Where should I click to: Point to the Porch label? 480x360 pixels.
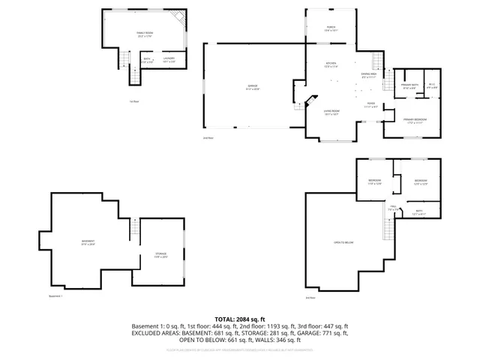(x=331, y=29)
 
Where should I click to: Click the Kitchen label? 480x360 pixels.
(x=331, y=64)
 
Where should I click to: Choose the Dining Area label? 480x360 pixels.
(x=368, y=75)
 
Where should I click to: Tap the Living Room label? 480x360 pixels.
(x=331, y=113)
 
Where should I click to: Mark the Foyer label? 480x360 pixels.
(x=370, y=105)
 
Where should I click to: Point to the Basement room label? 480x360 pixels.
(x=88, y=242)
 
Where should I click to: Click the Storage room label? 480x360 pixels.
(x=161, y=256)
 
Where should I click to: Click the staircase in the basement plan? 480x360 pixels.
(x=136, y=229)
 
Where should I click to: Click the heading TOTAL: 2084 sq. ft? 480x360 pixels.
(x=240, y=319)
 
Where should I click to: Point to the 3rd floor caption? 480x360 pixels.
(x=310, y=298)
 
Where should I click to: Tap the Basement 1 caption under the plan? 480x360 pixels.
(x=55, y=297)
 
